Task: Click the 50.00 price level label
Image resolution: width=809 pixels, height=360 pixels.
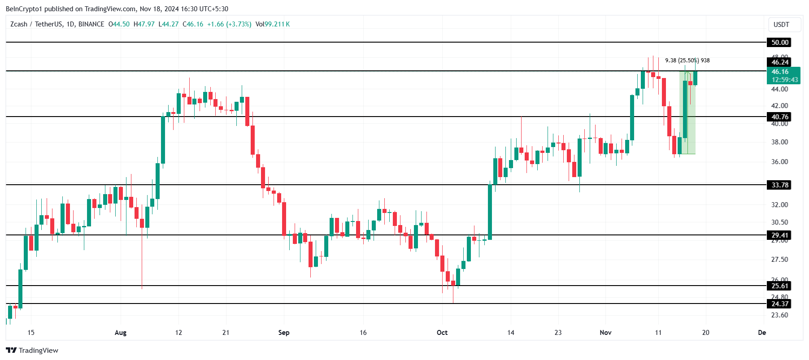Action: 779,43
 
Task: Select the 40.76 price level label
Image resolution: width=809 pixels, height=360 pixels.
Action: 779,117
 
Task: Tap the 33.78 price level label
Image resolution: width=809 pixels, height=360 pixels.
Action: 779,185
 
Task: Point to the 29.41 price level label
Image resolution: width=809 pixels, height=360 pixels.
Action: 779,235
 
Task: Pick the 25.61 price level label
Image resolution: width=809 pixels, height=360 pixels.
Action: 779,286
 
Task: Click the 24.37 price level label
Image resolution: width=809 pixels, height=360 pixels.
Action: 779,304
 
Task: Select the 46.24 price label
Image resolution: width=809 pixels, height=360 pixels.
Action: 779,62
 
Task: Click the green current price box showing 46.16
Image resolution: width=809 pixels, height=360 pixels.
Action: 784,75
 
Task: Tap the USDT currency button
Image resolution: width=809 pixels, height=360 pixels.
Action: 781,25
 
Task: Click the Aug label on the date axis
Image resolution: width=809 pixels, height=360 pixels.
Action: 121,333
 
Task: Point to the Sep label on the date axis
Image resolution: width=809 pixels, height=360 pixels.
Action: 284,333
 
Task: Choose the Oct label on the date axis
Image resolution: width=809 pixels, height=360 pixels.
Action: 442,333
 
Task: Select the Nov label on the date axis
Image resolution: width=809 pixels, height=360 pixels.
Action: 605,333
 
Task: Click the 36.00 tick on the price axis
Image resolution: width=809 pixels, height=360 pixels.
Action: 779,162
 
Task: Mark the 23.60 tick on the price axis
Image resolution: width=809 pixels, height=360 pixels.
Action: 779,315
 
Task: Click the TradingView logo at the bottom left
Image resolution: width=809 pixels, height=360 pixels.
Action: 32,351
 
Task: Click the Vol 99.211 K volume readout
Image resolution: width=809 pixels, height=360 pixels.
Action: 273,24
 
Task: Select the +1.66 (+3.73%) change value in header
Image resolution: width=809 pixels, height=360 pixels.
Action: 229,24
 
